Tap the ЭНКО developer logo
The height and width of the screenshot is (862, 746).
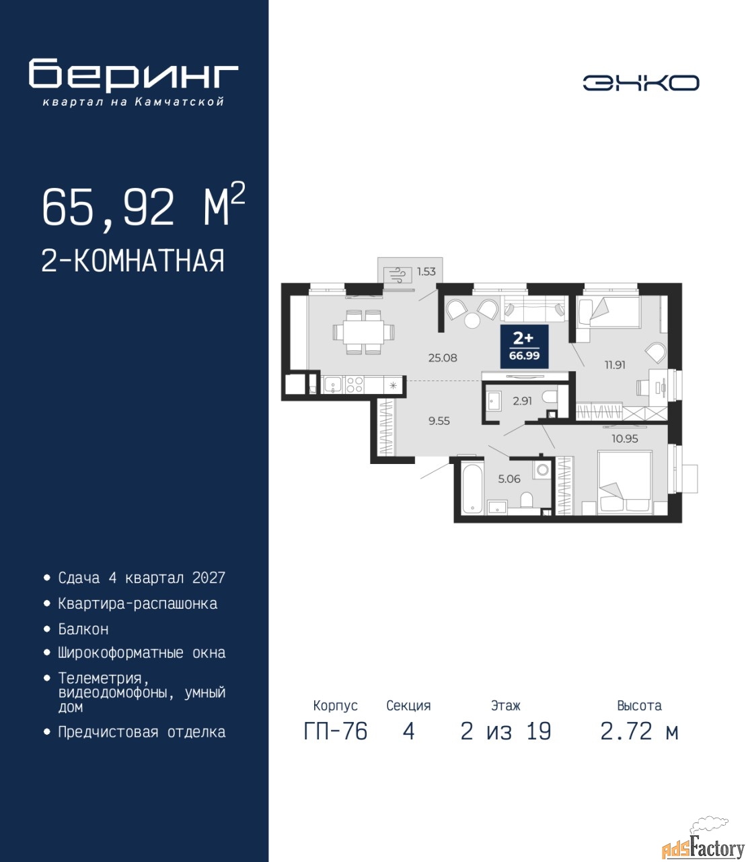[640, 83]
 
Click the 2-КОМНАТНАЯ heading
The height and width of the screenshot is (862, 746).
[133, 261]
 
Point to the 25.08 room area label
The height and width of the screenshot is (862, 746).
[443, 358]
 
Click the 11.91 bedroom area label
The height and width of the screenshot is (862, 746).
[615, 365]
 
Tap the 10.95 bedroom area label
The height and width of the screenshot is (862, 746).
[625, 438]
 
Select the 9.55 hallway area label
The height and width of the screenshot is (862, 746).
[439, 421]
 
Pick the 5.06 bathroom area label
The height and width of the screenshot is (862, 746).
[509, 479]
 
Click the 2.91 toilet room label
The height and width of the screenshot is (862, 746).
[522, 401]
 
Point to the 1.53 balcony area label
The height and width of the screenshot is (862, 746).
[426, 271]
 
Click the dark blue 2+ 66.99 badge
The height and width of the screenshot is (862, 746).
[524, 346]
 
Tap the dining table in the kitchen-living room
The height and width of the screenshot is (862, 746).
[364, 332]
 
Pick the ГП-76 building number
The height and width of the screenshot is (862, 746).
[336, 731]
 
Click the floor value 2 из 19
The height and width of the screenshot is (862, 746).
[506, 731]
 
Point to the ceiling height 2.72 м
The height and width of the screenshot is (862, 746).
[639, 731]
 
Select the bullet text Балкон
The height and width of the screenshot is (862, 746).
[83, 629]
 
